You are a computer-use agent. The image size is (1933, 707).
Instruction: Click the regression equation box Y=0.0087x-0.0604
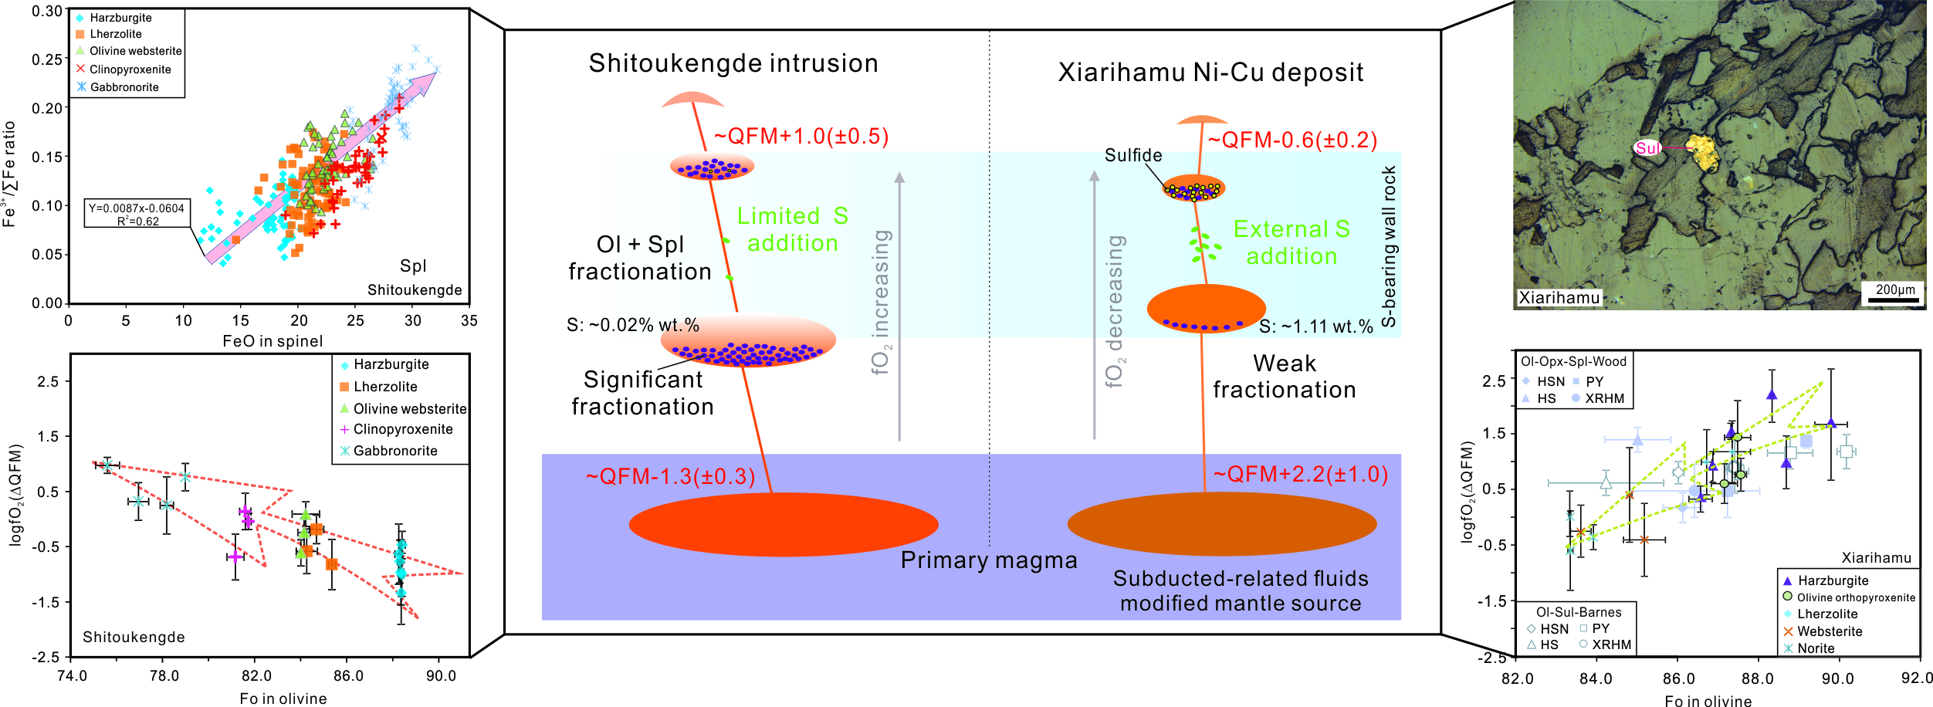[137, 214]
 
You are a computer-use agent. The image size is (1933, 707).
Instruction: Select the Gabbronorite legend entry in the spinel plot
[124, 87]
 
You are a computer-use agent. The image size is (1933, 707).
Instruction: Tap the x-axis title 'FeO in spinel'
[273, 341]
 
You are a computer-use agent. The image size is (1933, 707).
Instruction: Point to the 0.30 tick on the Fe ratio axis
[47, 12]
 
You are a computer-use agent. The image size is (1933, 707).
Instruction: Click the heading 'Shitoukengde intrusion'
[733, 63]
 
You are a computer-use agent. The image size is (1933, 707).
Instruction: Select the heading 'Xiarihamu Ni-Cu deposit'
[1210, 73]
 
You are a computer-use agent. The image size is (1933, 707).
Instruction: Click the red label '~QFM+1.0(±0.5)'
[801, 137]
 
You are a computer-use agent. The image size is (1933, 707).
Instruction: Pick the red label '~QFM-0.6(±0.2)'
[1292, 140]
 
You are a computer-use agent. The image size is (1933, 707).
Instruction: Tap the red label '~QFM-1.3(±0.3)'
[670, 476]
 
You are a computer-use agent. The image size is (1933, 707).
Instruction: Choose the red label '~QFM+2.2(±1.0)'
[1301, 474]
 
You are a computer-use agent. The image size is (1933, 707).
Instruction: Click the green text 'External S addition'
[1291, 242]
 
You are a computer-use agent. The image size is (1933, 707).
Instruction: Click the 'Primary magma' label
[989, 560]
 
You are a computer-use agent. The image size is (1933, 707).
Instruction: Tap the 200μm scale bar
[1895, 299]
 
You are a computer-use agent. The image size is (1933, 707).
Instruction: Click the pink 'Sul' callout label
[1647, 148]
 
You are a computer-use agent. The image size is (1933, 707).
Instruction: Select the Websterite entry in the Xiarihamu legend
[1829, 631]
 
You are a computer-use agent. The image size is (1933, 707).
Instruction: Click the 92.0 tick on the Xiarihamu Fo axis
[1917, 678]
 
